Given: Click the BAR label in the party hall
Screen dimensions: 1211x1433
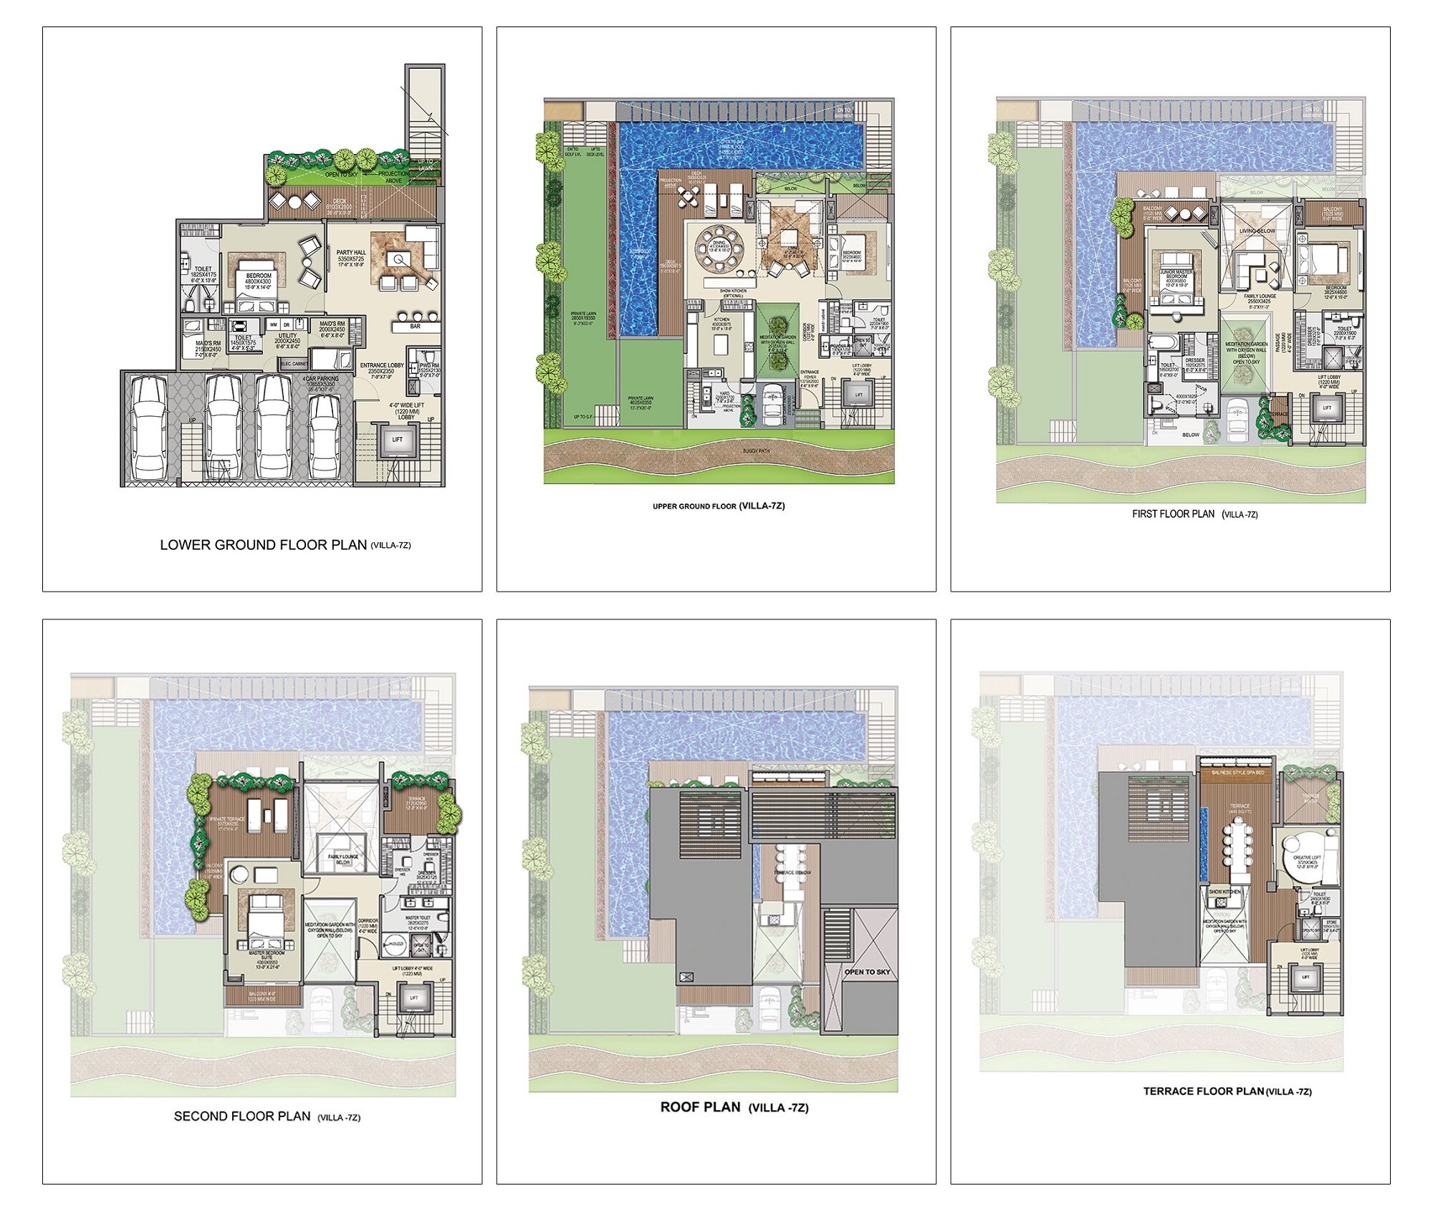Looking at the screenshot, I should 415,327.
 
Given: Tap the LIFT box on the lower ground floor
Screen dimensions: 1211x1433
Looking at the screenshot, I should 397,440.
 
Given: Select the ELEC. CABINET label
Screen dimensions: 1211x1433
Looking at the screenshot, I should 294,364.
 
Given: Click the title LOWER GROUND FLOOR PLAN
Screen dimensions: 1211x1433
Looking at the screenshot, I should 263,544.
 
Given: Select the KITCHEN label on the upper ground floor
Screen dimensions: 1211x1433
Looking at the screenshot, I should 721,321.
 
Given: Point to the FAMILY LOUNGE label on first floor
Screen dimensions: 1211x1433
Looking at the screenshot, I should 1259,296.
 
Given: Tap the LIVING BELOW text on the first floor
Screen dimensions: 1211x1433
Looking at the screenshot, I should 1257,231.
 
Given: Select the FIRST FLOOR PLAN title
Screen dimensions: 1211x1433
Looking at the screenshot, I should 1173,513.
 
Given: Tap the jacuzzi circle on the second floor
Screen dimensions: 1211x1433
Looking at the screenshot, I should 393,946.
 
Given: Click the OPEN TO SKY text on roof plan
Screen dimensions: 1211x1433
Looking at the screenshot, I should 867,972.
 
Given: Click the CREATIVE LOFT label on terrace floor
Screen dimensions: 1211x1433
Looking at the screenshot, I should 1302,857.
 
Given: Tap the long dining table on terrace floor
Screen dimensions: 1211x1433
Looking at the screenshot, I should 1240,854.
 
